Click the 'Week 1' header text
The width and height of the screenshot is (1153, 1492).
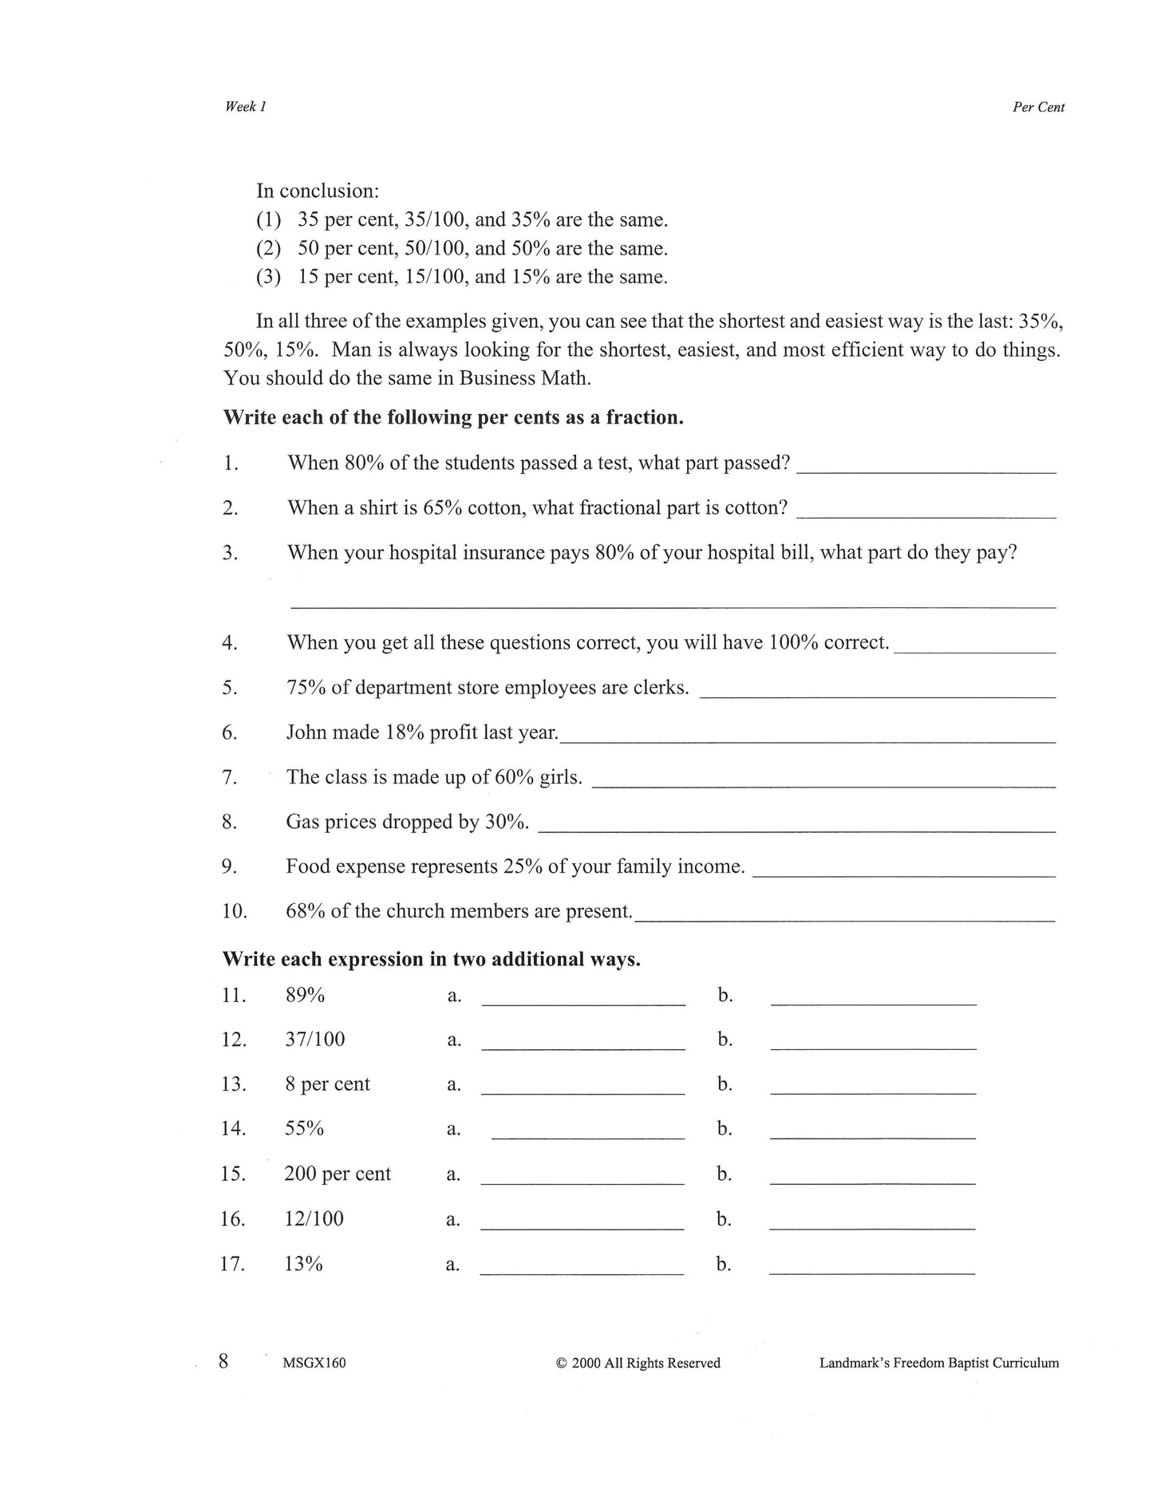(x=245, y=107)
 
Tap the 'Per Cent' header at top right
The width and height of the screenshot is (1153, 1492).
(x=1038, y=108)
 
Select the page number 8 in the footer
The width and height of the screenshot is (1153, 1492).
(x=224, y=1360)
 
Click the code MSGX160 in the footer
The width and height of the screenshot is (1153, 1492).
(x=314, y=1363)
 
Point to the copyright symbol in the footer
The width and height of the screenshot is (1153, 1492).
(x=561, y=1364)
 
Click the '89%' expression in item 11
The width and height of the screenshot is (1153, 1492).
(x=305, y=995)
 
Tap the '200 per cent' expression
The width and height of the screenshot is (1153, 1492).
(x=338, y=1174)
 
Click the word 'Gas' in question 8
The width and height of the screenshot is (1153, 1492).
(x=302, y=822)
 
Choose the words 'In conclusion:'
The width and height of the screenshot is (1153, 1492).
(x=317, y=191)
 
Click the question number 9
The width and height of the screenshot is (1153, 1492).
(x=229, y=866)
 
